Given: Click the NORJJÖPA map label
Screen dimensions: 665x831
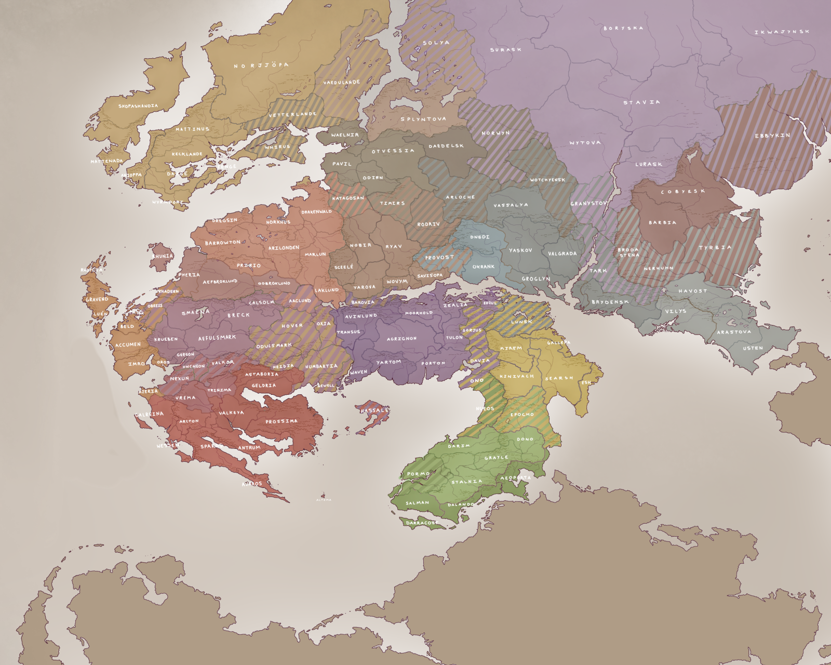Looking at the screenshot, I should tap(261, 65).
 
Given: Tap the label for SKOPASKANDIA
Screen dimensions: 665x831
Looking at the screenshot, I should tap(138, 106).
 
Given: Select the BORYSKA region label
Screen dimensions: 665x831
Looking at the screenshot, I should tap(623, 28).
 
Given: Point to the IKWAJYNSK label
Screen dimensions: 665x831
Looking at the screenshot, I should tap(782, 32).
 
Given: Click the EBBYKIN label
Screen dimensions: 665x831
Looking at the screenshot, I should tap(772, 136).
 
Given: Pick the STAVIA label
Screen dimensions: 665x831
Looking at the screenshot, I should tap(642, 102).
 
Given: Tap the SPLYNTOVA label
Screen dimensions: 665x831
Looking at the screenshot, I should tap(423, 119).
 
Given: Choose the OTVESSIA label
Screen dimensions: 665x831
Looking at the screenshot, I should tap(393, 151).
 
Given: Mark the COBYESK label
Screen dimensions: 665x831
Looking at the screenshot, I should tap(683, 191).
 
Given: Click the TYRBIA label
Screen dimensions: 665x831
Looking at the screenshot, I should tap(715, 247).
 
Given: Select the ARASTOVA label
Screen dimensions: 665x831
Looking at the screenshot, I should tap(734, 332).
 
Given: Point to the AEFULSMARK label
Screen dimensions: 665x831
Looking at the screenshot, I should tap(217, 338).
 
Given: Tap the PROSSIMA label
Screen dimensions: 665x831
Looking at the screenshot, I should tap(282, 421).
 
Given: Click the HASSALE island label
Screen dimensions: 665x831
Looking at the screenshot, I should tap(374, 410).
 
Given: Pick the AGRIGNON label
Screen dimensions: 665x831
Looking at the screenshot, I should tap(401, 339).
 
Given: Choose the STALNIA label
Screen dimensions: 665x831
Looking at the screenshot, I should tap(466, 482).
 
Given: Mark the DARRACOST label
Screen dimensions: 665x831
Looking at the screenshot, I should tap(422, 523).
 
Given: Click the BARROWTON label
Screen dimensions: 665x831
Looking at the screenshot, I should tap(223, 243).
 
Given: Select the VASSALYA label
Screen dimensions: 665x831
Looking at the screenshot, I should tap(511, 205).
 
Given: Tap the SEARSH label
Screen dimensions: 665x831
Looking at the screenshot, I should tap(559, 378).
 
